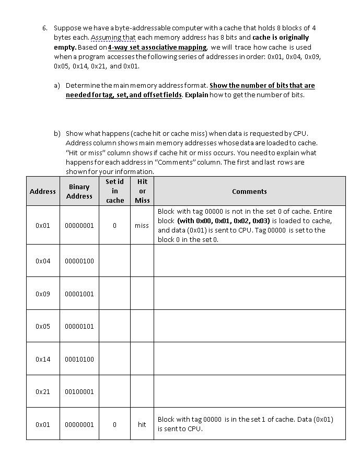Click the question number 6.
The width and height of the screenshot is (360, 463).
[x=45, y=28]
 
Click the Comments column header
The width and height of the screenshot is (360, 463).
[x=249, y=191]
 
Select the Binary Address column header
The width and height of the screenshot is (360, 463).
[x=79, y=191]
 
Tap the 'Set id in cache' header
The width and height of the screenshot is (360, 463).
[x=114, y=191]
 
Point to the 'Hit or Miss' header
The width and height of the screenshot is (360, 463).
[x=142, y=191]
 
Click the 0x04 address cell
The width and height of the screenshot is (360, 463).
[x=43, y=261]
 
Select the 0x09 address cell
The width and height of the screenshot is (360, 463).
[x=43, y=294]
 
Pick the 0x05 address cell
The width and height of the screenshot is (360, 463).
[x=43, y=326]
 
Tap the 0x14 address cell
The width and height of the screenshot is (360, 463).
[x=43, y=359]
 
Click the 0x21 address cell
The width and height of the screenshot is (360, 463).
[x=43, y=391]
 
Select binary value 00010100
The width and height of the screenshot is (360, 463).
[x=79, y=359]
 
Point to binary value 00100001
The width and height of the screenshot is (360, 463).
[x=79, y=391]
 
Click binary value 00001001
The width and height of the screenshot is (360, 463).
[x=79, y=294]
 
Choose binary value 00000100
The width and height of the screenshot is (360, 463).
[x=79, y=261]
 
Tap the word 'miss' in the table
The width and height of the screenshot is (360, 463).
[x=142, y=225]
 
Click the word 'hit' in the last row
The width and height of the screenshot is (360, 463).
[x=142, y=424]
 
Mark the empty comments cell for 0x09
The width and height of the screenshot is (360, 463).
[x=249, y=294]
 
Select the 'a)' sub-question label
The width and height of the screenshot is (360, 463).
[x=56, y=85]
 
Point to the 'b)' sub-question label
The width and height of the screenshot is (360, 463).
[x=56, y=133]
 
